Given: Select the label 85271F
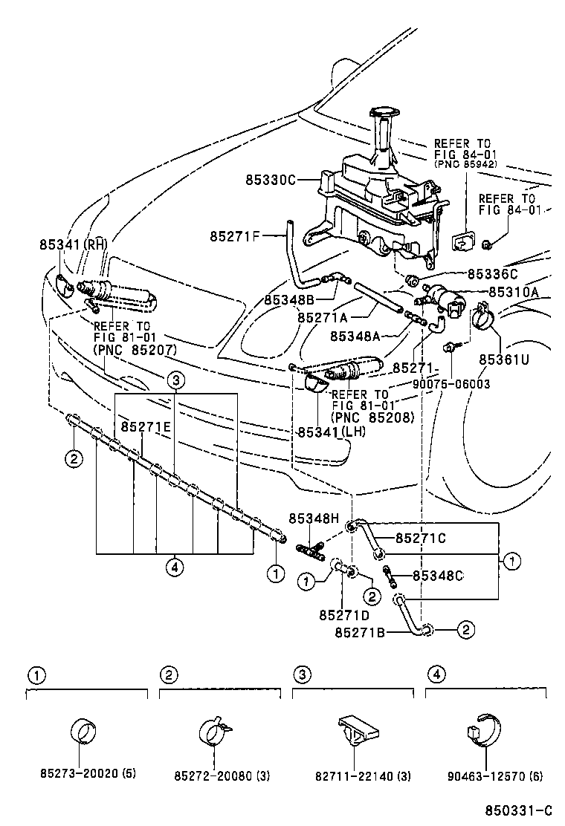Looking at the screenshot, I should (235, 237).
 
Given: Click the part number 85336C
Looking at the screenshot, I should (492, 273).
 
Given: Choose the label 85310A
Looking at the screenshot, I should (514, 292).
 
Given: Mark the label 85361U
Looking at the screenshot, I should (503, 359).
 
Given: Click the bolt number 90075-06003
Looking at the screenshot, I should (451, 383).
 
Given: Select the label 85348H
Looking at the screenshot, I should (314, 518).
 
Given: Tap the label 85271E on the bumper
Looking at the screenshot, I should (146, 427).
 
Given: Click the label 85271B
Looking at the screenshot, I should (360, 632).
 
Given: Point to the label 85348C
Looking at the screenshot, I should (438, 575).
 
